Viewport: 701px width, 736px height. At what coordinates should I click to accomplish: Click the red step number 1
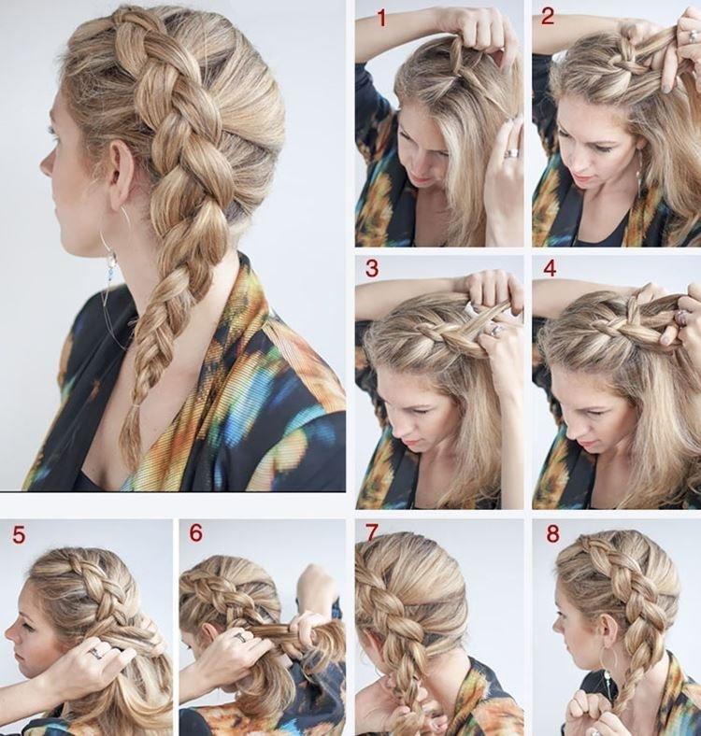pos(380,17)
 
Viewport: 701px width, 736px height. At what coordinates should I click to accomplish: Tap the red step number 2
pos(548,16)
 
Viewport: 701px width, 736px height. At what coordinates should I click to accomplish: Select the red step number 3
pos(372,270)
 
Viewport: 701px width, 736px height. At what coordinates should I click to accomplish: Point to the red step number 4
pos(550,268)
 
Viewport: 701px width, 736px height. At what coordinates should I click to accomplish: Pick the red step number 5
pos(19,535)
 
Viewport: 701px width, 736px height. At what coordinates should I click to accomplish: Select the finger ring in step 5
pos(95,653)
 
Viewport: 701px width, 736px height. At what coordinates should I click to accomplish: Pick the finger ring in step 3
pos(496,330)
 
